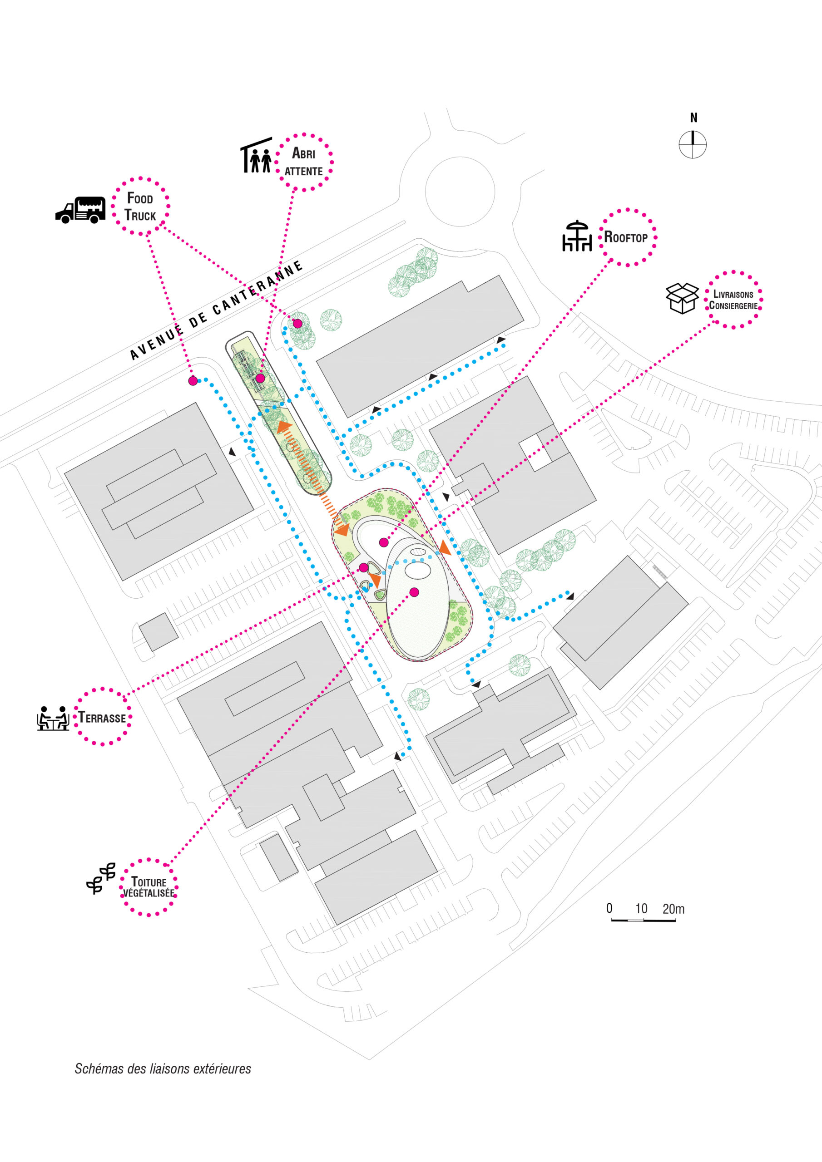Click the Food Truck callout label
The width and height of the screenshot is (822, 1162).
click(x=140, y=206)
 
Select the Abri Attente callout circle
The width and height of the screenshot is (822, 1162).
click(x=304, y=162)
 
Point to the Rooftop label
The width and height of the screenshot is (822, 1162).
click(x=626, y=237)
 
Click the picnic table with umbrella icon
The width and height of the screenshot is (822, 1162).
click(x=577, y=236)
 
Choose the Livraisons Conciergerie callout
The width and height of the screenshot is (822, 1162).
click(x=733, y=300)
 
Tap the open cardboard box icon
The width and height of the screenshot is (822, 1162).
click(x=682, y=298)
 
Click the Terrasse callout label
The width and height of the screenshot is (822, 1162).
click(x=102, y=717)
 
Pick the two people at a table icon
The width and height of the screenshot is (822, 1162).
click(x=53, y=718)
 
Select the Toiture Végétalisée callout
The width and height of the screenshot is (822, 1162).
click(x=149, y=887)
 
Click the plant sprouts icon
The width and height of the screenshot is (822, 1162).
click(x=101, y=879)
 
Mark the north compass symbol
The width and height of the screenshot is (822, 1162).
click(x=693, y=144)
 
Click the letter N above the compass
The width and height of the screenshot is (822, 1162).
click(x=693, y=118)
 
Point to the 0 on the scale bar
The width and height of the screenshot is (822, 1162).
click(x=609, y=908)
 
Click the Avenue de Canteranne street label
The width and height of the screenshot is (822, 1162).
click(x=216, y=310)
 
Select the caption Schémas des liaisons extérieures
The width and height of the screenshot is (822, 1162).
click(x=163, y=1068)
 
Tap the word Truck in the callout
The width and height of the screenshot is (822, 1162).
click(x=140, y=216)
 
